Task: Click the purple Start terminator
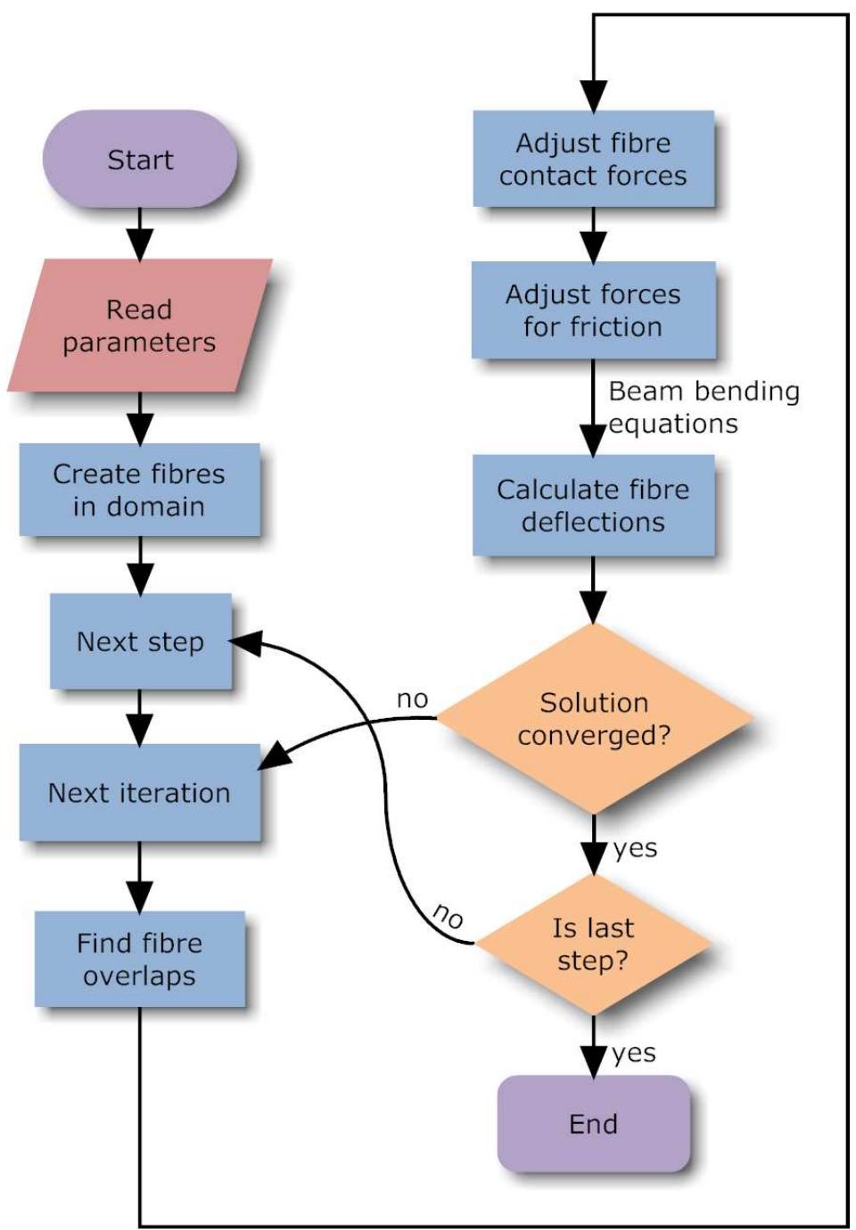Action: click(140, 160)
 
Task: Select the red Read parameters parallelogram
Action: click(140, 326)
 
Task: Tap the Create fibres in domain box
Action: click(140, 490)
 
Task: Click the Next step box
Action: click(141, 641)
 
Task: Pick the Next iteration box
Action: click(140, 792)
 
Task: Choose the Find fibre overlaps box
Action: click(140, 959)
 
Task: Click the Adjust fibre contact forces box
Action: click(593, 159)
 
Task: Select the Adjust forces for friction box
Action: click(593, 310)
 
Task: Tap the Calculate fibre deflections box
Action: click(593, 505)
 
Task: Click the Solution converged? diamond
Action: click(594, 718)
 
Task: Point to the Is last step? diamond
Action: click(593, 944)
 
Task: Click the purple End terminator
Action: click(593, 1123)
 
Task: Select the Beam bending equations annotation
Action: click(703, 407)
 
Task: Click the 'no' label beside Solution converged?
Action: click(412, 699)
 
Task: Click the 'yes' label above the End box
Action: click(634, 1053)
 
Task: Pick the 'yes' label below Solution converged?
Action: click(635, 848)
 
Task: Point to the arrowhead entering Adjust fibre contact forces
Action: click(593, 95)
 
